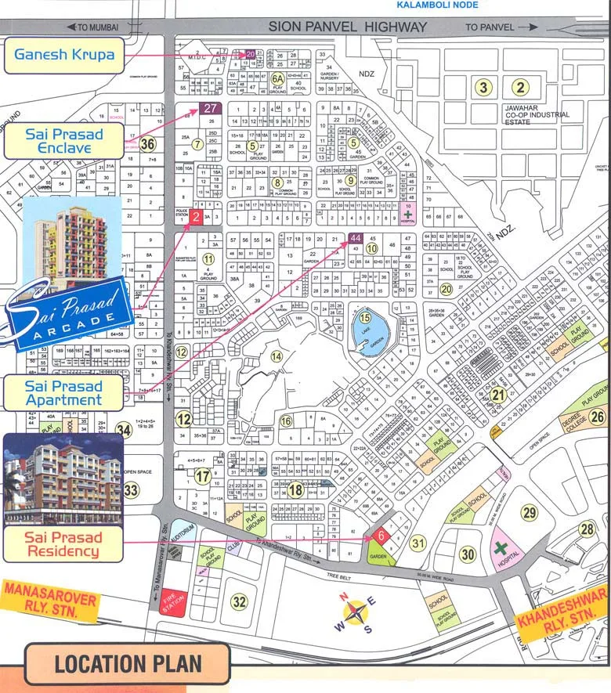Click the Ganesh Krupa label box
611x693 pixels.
point(63,54)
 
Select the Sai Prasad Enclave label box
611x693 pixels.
point(58,141)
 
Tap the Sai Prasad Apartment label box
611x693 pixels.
point(63,392)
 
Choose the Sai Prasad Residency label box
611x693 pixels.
point(63,544)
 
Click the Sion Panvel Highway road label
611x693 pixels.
point(348,27)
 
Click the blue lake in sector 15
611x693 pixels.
point(365,325)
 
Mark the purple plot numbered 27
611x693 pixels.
point(209,109)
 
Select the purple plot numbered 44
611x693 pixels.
point(355,237)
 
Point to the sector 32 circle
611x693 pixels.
point(239,601)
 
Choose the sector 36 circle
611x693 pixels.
point(146,143)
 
